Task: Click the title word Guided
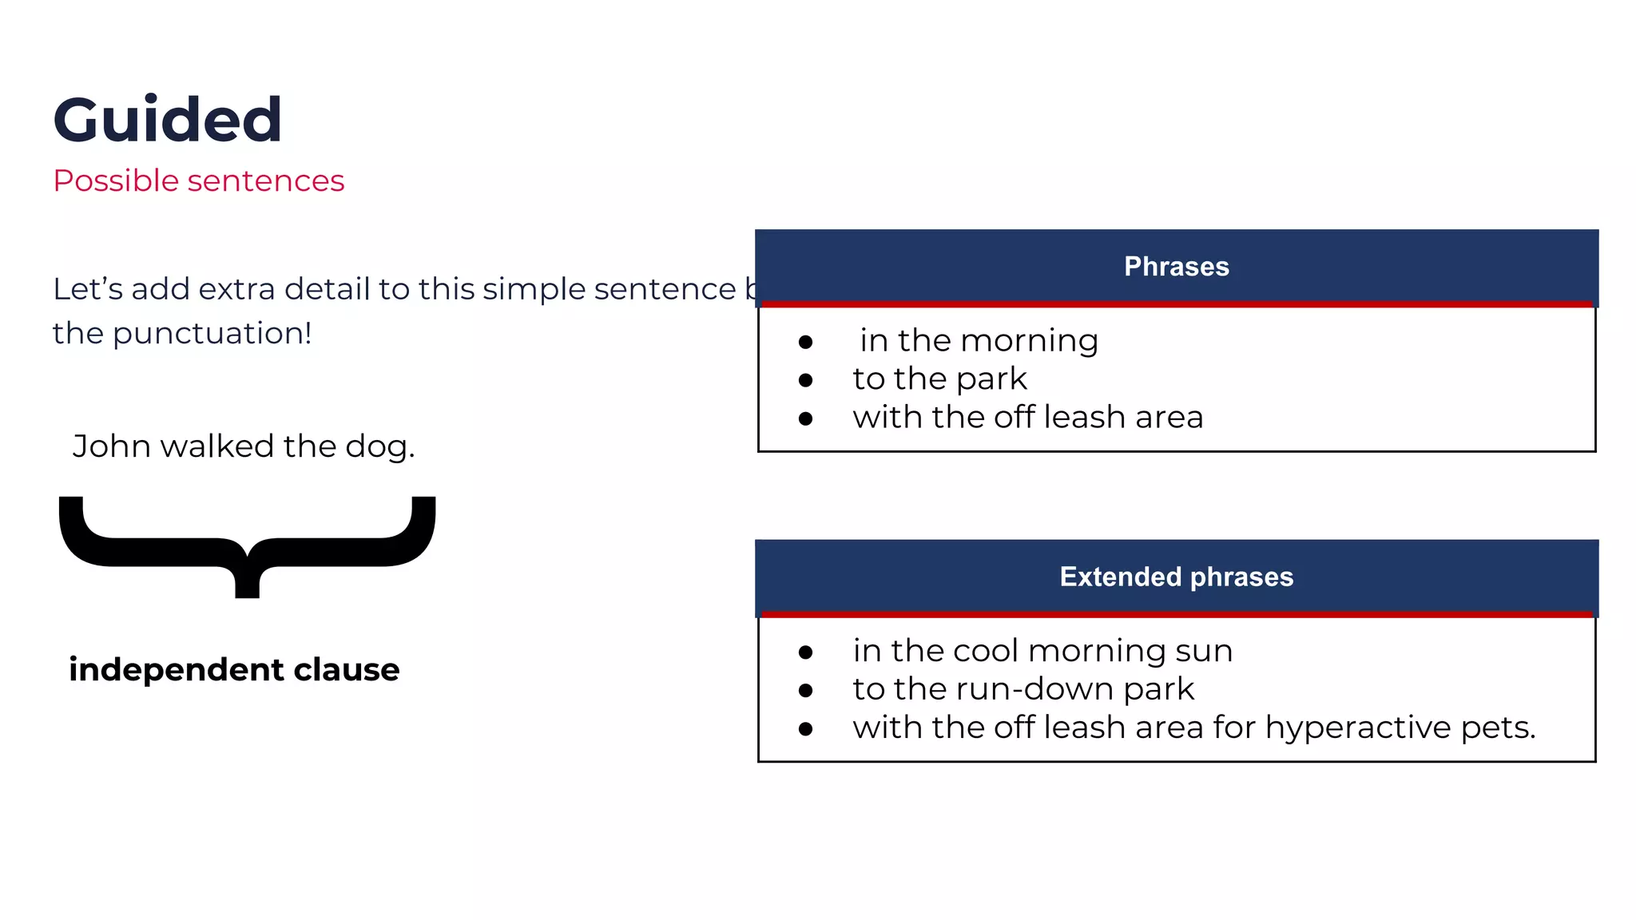(168, 120)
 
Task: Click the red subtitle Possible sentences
(198, 181)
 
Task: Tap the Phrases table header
(1176, 267)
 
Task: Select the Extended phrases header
(1176, 577)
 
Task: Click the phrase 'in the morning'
(979, 341)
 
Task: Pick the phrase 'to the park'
(939, 379)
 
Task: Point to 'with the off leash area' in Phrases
(1027, 418)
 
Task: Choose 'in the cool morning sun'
(1042, 651)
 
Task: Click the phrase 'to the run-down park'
(1023, 689)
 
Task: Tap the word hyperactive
(1358, 728)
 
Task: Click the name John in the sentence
(111, 446)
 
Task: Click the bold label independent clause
(234, 669)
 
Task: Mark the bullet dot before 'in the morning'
(805, 343)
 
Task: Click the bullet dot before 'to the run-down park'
(805, 691)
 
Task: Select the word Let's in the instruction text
(87, 289)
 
